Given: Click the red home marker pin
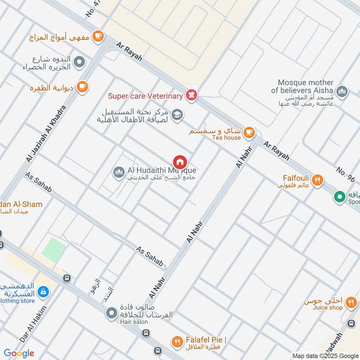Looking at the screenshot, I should (x=180, y=162).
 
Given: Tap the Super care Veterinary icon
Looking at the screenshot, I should (x=192, y=95).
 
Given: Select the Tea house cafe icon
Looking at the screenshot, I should (x=249, y=132).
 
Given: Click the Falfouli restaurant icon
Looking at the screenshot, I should (x=318, y=180).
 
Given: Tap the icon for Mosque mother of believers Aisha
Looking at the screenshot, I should (x=342, y=91).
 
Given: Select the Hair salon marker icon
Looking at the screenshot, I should (x=112, y=312).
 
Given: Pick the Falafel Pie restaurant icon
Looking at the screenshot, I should (x=177, y=342).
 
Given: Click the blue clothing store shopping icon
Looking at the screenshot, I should (x=43, y=292).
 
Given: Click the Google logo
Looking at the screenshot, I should (x=19, y=353).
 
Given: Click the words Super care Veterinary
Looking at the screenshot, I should (x=145, y=96).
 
